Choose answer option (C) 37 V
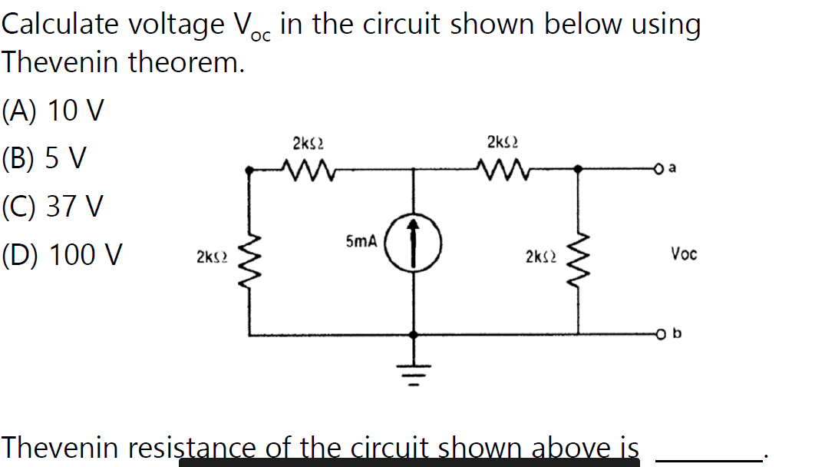tap(52, 206)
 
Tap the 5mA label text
tap(360, 241)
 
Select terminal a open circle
tap(658, 169)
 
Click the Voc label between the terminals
tap(683, 253)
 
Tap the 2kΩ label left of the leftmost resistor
tap(210, 255)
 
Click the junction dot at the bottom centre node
tap(414, 335)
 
